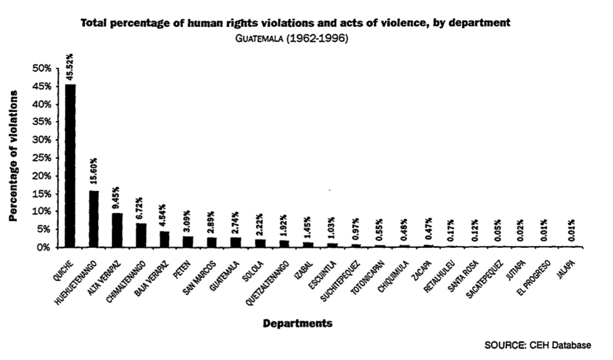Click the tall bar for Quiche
70,165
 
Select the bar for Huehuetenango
94,219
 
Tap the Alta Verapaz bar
117,230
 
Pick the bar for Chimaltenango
141,235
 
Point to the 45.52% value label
70,66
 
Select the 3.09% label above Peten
188,221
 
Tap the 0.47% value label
428,230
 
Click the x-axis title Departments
298,323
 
